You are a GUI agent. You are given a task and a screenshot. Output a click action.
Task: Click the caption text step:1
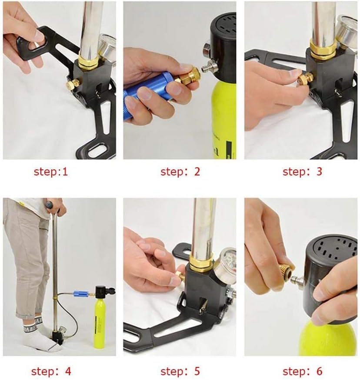point(51,172)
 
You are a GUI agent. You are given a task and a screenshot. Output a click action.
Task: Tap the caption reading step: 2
point(180,172)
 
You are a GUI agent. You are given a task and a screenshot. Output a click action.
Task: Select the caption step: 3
point(302,172)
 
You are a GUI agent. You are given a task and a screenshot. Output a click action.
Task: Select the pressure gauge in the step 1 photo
point(107,46)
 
